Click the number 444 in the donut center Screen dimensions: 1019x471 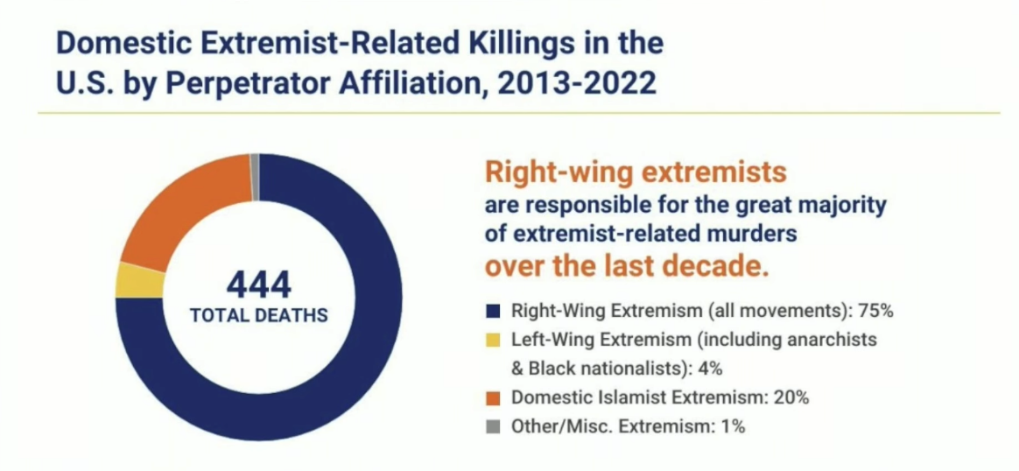(x=258, y=286)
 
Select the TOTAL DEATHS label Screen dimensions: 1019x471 (x=258, y=316)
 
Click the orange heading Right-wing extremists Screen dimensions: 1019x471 (x=636, y=173)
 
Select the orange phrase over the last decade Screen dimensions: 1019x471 (x=627, y=266)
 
